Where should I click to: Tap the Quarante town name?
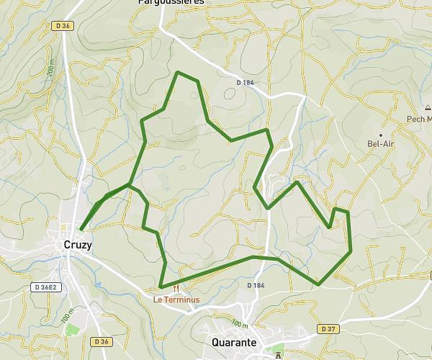pyautogui.click(x=233, y=343)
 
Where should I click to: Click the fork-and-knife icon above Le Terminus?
pyautogui.click(x=175, y=287)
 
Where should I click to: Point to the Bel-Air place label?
pyautogui.click(x=382, y=143)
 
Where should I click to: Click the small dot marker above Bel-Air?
pyautogui.click(x=381, y=134)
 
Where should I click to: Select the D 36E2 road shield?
pyautogui.click(x=44, y=286)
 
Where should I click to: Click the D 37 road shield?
pyautogui.click(x=328, y=329)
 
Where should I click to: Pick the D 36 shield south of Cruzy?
pyautogui.click(x=102, y=341)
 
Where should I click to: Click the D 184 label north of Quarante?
pyautogui.click(x=256, y=286)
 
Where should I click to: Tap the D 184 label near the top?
pyautogui.click(x=246, y=83)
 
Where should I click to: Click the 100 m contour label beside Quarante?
pyautogui.click(x=240, y=325)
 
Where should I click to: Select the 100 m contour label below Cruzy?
pyautogui.click(x=66, y=316)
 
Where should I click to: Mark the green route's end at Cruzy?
pyautogui.click(x=81, y=229)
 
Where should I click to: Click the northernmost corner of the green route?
pyautogui.click(x=178, y=72)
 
